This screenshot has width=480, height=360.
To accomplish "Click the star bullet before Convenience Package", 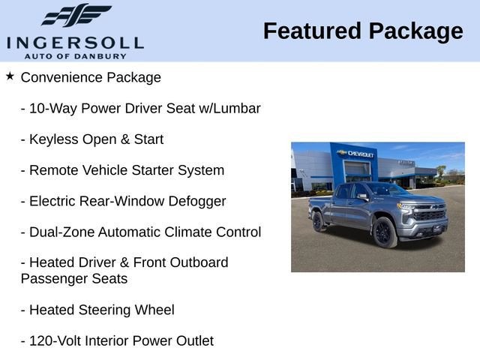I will (10, 76).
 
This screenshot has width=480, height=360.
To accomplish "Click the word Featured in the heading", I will (311, 31).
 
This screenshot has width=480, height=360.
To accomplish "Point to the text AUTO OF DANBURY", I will (74, 55).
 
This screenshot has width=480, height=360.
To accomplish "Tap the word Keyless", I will (52, 139).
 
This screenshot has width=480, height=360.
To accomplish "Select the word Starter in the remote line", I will (153, 170).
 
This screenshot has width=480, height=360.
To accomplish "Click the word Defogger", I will (196, 201).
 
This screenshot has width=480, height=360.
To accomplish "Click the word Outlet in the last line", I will (193, 340).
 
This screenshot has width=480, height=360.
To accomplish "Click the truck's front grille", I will (430, 215).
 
